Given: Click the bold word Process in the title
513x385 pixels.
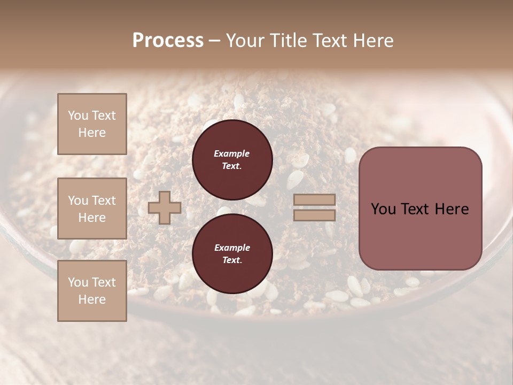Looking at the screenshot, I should click(168, 41).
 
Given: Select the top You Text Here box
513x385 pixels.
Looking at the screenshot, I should click(92, 124).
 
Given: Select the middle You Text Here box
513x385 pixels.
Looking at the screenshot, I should click(92, 209).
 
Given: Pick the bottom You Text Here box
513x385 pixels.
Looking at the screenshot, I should click(92, 291).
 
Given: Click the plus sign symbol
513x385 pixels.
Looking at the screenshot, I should click(164, 208).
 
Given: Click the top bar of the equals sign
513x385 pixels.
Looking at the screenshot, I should click(315, 200).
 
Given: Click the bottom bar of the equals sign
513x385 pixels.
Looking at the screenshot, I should click(315, 215).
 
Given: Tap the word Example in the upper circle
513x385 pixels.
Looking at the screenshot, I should click(232, 153).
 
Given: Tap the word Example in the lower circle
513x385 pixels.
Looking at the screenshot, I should click(232, 248).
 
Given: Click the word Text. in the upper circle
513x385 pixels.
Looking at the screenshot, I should click(232, 166).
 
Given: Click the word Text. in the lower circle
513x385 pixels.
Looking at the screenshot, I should click(232, 260).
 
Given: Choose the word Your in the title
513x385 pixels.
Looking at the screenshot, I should click(243, 41).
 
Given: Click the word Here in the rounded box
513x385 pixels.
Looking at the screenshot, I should click(452, 209).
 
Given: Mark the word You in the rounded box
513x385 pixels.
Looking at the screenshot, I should click(383, 209).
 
